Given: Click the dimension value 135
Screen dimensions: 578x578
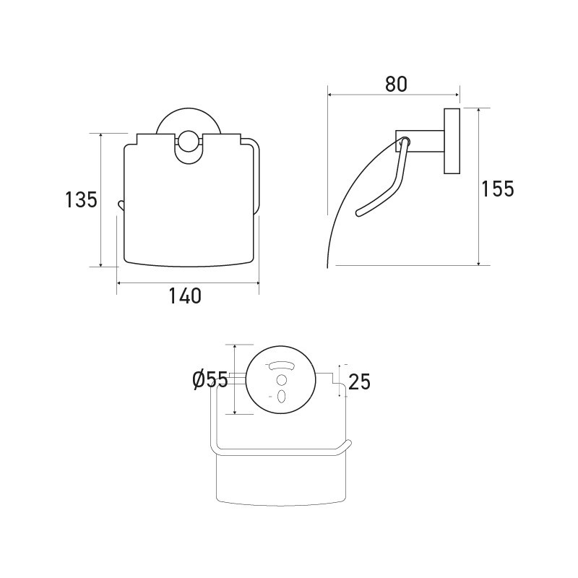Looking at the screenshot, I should click(81, 199).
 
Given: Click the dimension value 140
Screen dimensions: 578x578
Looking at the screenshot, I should click(185, 296).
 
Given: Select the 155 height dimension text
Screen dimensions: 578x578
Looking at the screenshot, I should click(498, 189).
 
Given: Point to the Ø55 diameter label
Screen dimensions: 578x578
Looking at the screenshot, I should click(210, 381).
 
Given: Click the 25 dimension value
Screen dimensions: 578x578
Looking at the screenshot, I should click(359, 381).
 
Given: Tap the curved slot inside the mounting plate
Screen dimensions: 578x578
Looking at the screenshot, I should click(282, 366).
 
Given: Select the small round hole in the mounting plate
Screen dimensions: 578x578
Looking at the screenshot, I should click(282, 381).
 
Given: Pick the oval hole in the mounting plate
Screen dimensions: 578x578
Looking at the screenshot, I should click(282, 397).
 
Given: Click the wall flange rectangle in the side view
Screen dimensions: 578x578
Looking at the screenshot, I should click(452, 142).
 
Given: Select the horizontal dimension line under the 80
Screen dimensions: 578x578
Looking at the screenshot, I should click(394, 94).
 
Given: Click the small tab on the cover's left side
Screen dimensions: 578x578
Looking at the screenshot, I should click(121, 204).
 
